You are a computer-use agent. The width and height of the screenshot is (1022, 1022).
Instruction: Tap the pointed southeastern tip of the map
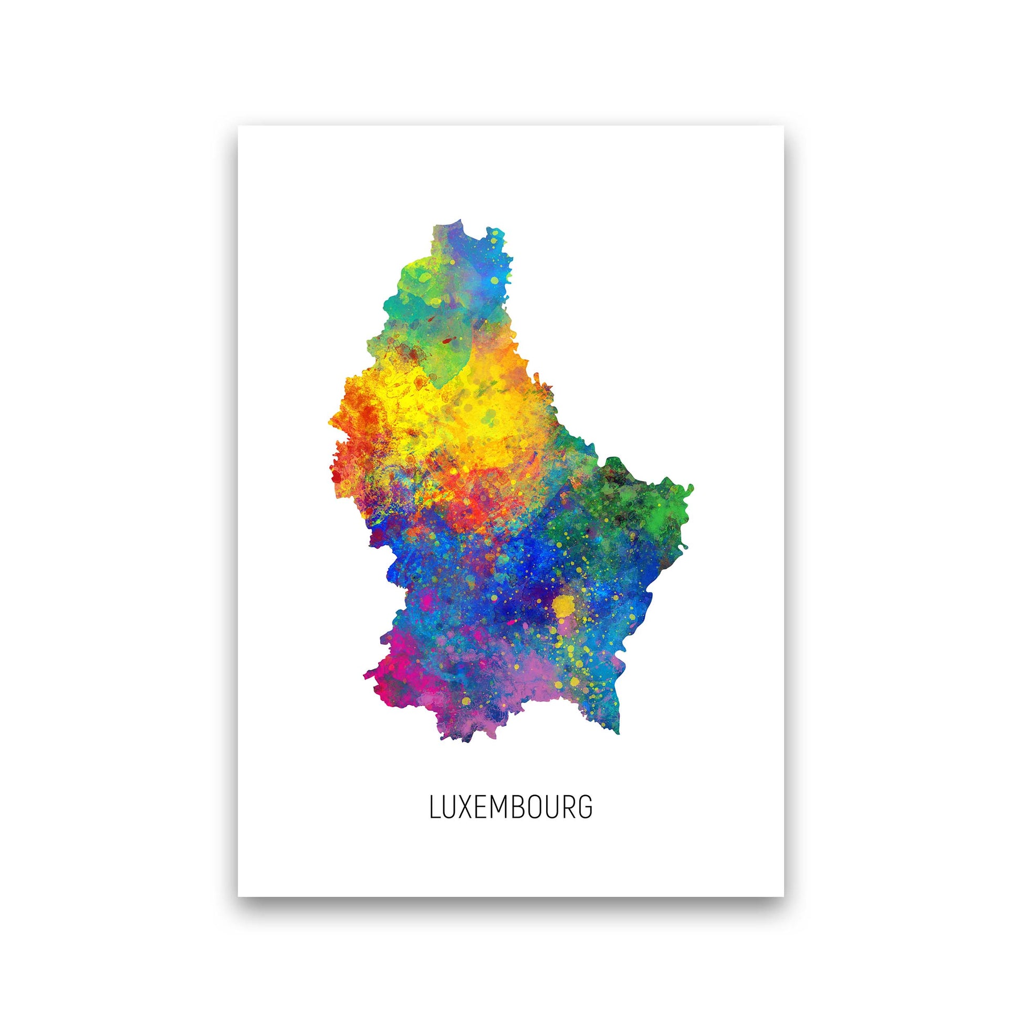point(618,732)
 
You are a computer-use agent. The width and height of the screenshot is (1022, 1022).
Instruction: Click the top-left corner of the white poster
point(238,126)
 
